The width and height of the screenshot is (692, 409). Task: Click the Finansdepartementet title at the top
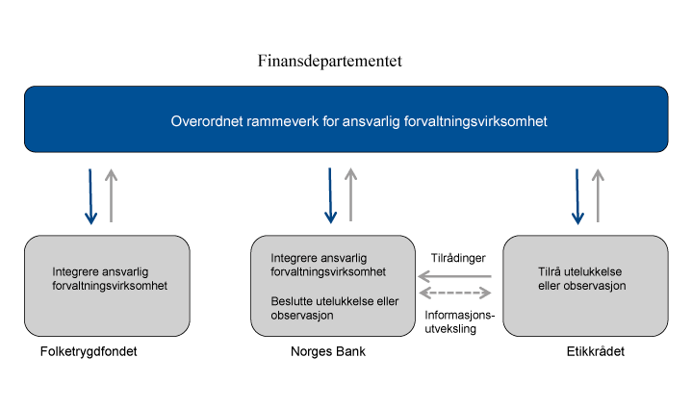329,62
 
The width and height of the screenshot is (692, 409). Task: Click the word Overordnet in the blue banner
206,122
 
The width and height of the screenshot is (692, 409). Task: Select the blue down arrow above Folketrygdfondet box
90,197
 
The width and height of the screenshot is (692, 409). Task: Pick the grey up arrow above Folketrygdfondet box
112,195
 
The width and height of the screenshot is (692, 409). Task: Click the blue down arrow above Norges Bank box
330,196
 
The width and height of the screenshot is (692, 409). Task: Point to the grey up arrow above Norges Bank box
351,195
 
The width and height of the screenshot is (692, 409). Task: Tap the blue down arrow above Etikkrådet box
577,197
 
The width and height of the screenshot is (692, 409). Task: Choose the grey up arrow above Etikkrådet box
599,195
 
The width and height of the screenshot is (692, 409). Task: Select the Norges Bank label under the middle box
328,352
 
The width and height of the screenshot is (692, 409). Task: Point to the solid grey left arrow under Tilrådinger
455,276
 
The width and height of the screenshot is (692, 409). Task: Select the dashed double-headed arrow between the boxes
455,294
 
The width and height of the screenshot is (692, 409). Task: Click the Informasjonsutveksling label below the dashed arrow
457,321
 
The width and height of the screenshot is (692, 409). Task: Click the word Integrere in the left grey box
76,271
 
